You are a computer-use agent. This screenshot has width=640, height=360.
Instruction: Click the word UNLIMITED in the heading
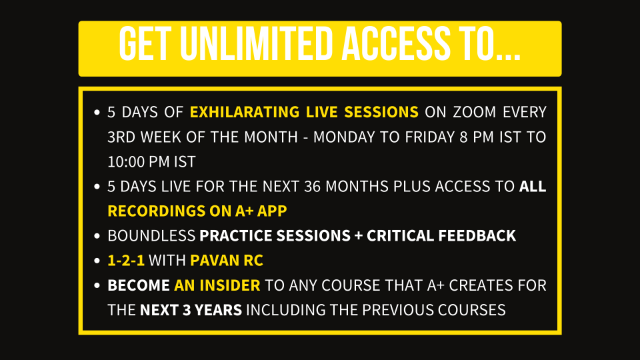point(257,44)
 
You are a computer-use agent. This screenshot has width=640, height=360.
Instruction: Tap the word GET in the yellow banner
point(145,44)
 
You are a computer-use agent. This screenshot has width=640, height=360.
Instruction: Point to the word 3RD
point(121,137)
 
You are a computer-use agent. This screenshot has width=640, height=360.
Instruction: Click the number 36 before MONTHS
point(312,187)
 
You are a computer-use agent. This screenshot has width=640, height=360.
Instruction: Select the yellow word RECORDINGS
point(156,211)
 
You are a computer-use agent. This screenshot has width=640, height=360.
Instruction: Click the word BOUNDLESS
point(151,236)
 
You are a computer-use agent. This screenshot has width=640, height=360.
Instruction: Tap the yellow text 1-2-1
point(126,261)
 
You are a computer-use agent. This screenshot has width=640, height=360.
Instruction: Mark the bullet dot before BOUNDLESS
point(97,236)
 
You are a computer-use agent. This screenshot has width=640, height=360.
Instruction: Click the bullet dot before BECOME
point(97,285)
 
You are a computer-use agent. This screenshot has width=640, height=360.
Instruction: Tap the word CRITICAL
point(401,236)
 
